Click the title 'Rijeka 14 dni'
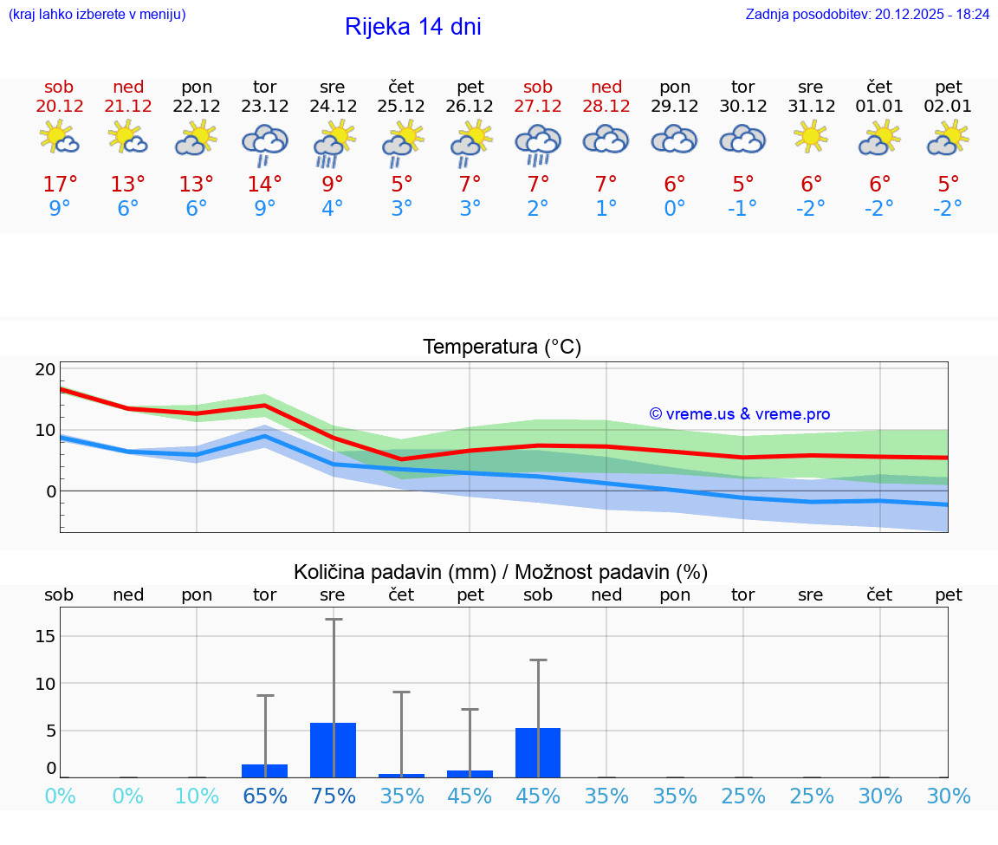tap(412, 27)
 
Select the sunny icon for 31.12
tap(811, 137)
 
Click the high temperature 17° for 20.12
tap(60, 185)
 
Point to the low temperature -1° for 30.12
tap(742, 209)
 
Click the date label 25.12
tap(401, 107)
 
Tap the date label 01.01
tap(880, 107)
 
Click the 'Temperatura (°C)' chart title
tap(502, 348)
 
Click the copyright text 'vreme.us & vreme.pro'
tap(740, 414)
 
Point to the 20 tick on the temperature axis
tap(45, 369)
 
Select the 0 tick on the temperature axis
tap(50, 491)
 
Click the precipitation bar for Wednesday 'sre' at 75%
tap(334, 750)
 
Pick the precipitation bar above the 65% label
tap(264, 770)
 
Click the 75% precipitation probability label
tap(334, 796)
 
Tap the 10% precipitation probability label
tap(197, 796)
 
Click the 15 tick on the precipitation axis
tap(45, 636)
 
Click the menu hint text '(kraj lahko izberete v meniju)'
tap(97, 14)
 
